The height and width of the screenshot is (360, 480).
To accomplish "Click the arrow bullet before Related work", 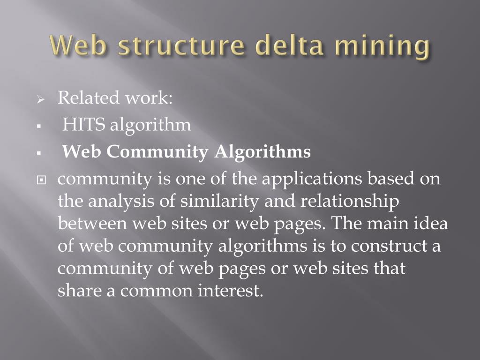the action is tap(40, 100).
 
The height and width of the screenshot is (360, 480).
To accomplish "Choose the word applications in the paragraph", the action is tap(311, 180).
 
